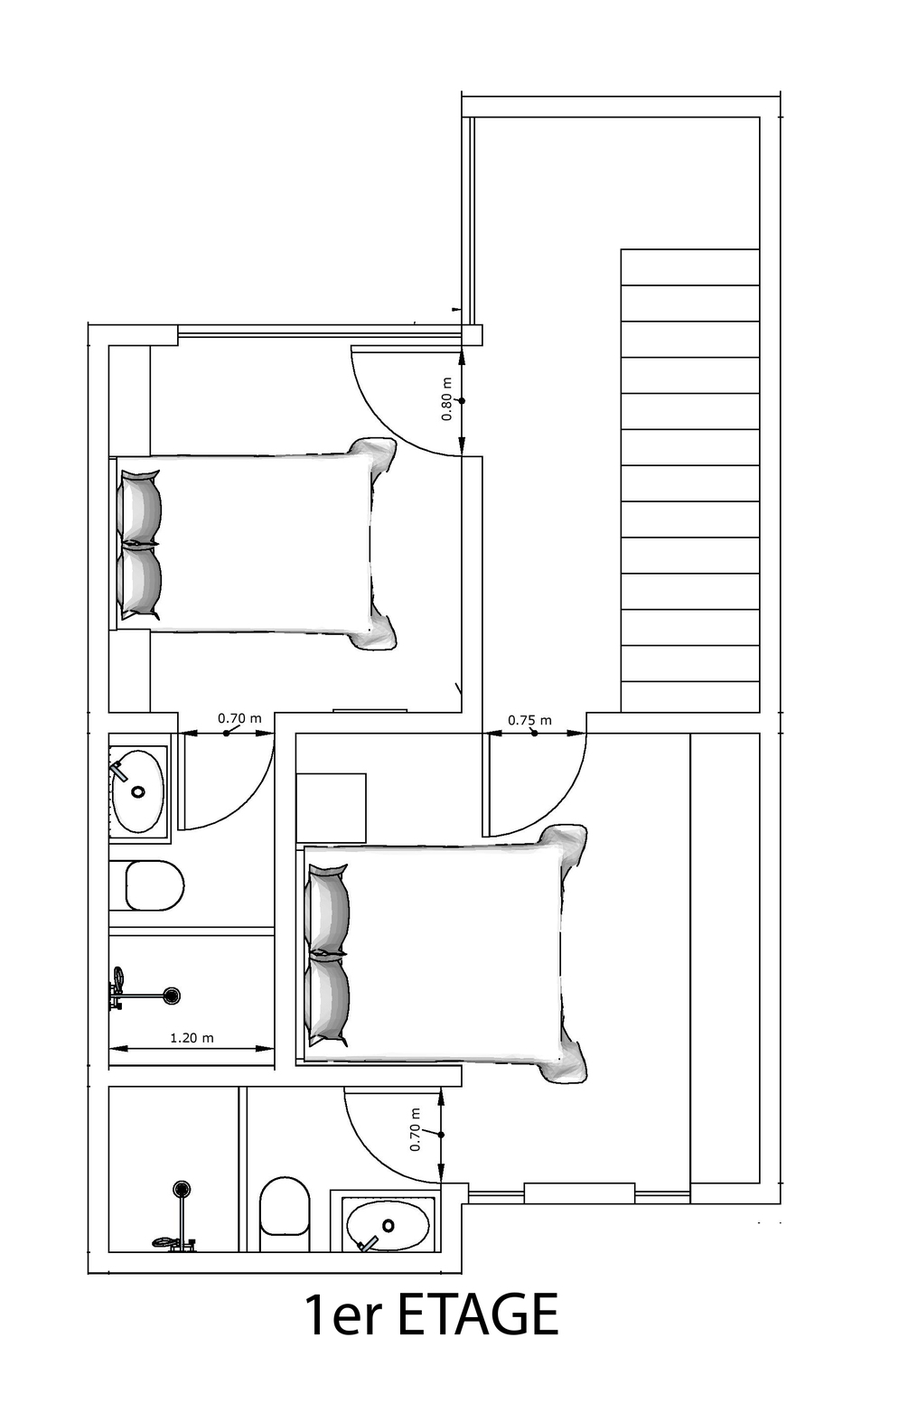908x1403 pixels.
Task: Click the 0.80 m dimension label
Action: click(x=446, y=399)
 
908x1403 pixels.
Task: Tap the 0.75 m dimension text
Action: click(x=529, y=720)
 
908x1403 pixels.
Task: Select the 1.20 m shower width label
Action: click(x=192, y=1038)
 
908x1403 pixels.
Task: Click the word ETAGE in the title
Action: click(x=478, y=1316)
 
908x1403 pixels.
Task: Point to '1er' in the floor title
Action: click(x=343, y=1316)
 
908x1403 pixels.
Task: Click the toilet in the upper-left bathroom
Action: click(x=154, y=885)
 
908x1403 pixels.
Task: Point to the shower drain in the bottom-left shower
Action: click(x=182, y=1189)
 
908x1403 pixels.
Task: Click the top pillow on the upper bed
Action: click(x=140, y=506)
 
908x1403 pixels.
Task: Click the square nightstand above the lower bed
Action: click(x=331, y=808)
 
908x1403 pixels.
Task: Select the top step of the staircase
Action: click(x=690, y=267)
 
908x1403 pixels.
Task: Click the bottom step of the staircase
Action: click(x=690, y=697)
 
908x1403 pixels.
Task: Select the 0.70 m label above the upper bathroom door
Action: click(x=239, y=718)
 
